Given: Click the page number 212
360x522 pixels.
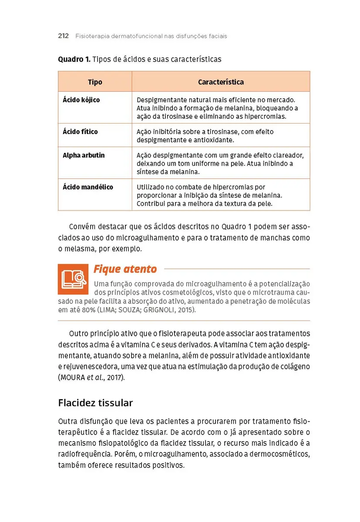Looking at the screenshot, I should (64, 36).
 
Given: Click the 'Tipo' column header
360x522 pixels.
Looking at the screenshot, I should (95, 82).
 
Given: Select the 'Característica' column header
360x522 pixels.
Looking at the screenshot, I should (221, 82).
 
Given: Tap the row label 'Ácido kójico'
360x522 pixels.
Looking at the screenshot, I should (81, 100).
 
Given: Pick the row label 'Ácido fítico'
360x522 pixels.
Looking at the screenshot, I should (81, 131).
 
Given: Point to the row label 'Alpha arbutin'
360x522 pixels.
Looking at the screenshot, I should (84, 155).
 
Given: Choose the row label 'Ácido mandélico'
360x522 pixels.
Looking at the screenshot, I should (88, 187).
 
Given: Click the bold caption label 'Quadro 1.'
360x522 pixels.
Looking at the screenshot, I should (74, 59).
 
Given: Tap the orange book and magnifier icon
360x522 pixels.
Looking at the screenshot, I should (73, 279).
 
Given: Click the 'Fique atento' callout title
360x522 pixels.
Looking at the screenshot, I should (125, 269).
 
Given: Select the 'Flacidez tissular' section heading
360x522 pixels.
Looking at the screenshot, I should (95, 403).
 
